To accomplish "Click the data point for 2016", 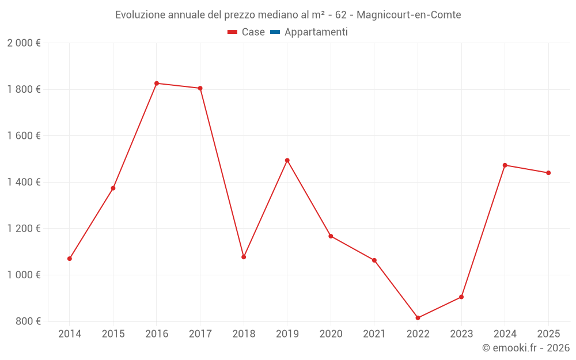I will pos(157,84).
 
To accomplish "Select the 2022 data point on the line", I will pos(418,318).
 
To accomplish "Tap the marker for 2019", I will pos(287,160).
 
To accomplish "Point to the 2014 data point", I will pos(70,259).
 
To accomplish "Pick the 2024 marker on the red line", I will pos(505,165).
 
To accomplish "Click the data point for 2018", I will pos(244,257).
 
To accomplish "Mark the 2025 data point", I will pos(548,173).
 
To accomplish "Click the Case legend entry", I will pos(247,32).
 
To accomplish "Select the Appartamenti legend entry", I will pos(309,32).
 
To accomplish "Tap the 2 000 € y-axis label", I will pos(24,43).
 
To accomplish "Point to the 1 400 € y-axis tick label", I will pos(24,182).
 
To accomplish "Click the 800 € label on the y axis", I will pos(28,321).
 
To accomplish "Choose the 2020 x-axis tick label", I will pos(331,334).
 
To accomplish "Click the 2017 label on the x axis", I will pos(200,334).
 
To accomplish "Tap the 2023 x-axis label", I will pos(461,334).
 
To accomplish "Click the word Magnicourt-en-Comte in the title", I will pos(409,15).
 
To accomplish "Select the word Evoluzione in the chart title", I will pos(141,15).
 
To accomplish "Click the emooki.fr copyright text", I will pos(526,348).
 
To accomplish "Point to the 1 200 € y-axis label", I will pos(24,228).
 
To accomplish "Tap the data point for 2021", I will pos(374,260).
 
